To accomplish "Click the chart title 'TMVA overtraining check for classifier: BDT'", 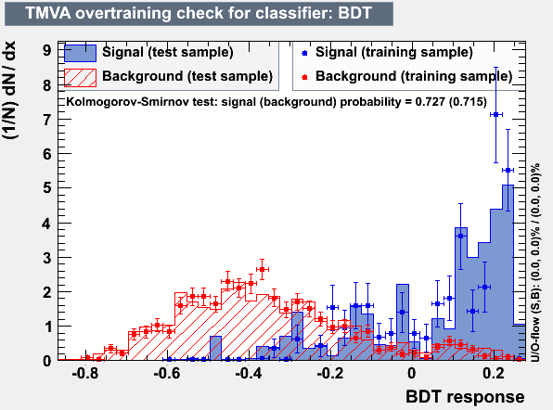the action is (199, 13).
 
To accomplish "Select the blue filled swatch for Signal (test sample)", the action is (80, 53).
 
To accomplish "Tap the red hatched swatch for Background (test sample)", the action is (80, 78).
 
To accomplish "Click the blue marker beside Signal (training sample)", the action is (304, 53).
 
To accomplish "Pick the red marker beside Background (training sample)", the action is (304, 77).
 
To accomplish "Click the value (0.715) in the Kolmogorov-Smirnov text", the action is (468, 102).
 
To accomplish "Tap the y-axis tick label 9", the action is (47, 50).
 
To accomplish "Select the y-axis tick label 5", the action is (47, 187).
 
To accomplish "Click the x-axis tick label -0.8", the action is (85, 373).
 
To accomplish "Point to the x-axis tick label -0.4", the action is (249, 373).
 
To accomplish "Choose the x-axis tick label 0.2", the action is (494, 373).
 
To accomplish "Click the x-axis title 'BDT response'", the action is (465, 397).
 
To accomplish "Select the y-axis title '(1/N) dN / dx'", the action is (9, 90).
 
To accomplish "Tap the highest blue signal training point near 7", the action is (495, 115).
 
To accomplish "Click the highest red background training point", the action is (262, 269).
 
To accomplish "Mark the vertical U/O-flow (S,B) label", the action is (535, 263).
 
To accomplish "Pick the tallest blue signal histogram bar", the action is (508, 273).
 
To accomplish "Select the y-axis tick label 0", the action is (47, 361).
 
